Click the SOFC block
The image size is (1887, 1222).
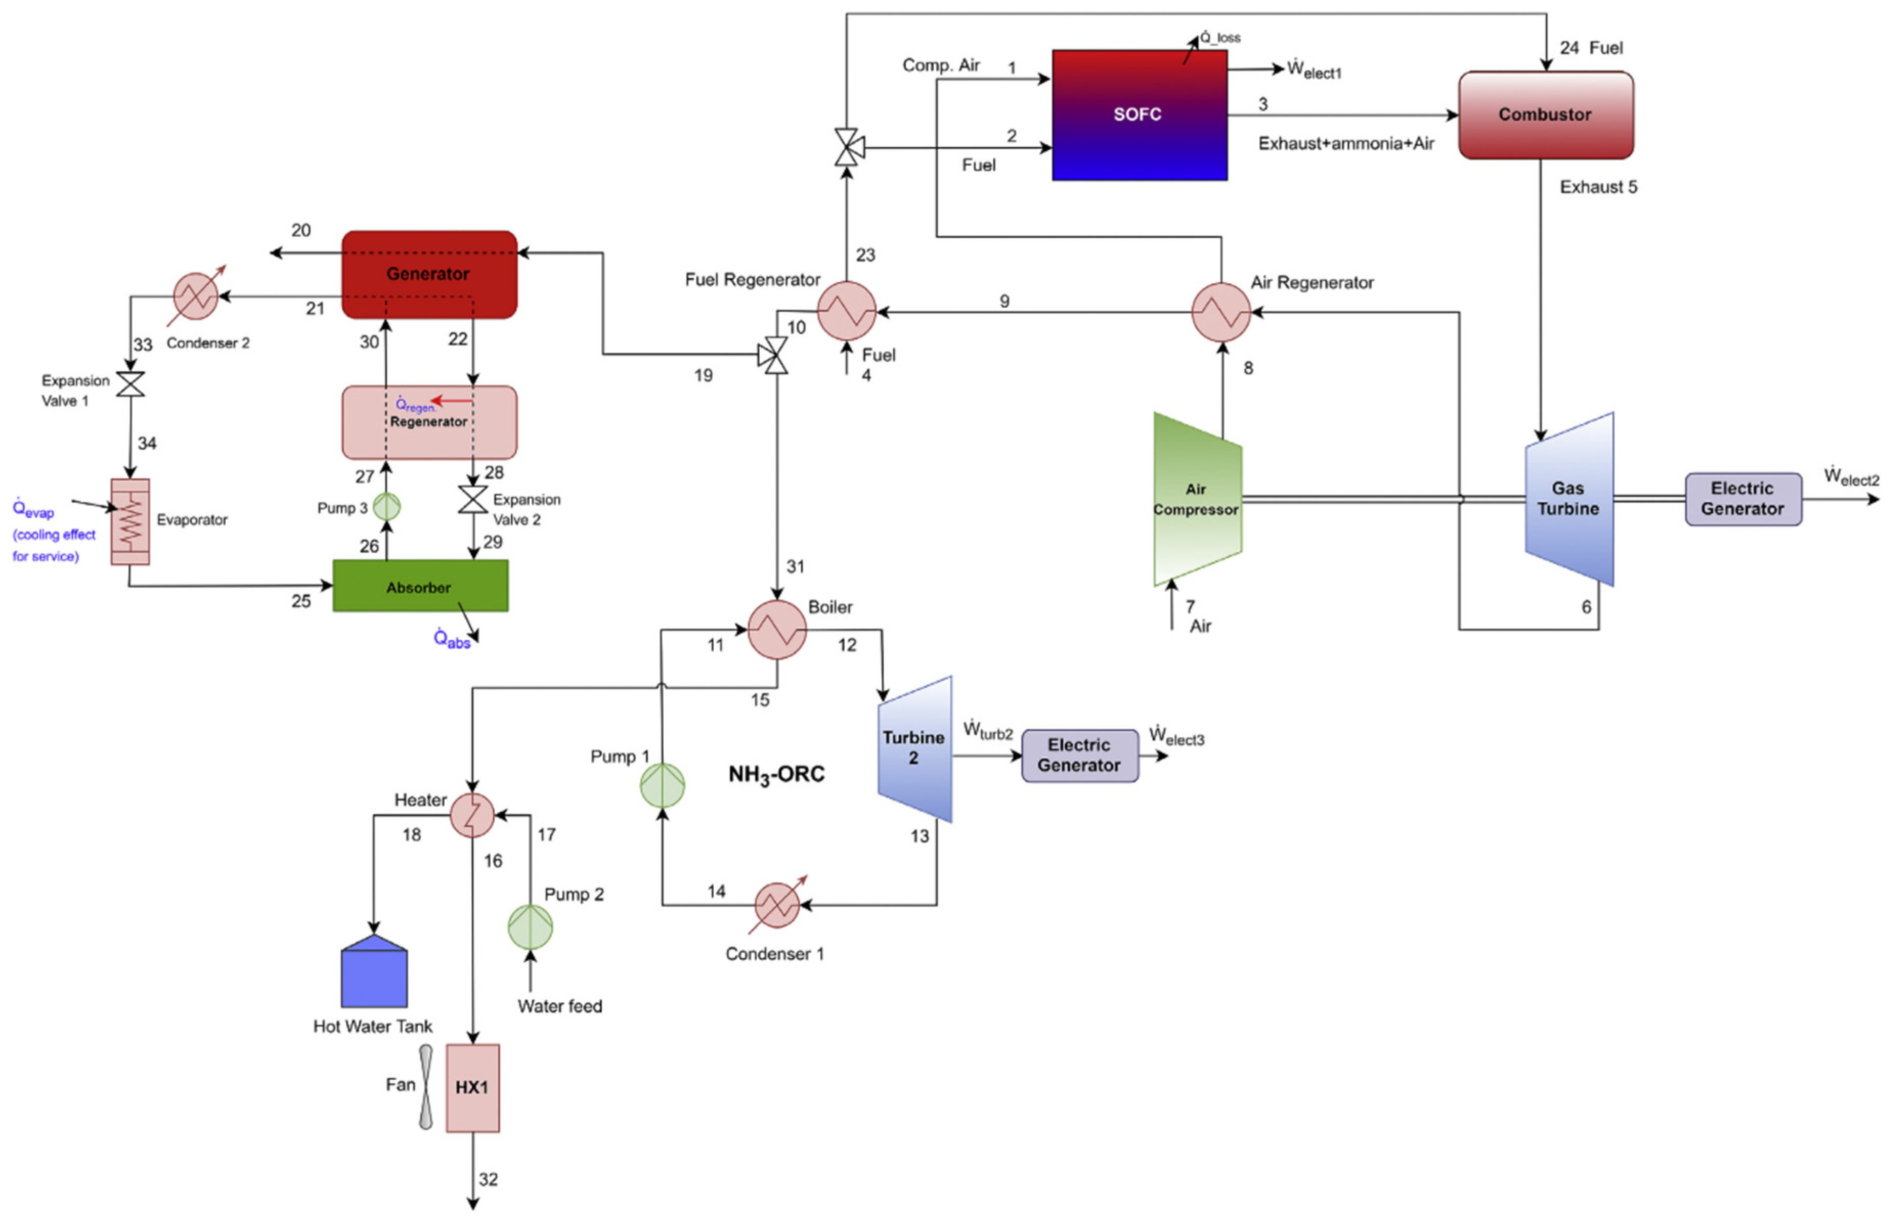click(1139, 115)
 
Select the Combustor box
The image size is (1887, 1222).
click(1545, 115)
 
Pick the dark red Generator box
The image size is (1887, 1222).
click(429, 274)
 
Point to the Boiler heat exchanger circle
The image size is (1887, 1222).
click(777, 630)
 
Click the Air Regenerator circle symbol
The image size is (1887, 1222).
click(1221, 312)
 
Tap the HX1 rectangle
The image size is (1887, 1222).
click(473, 1088)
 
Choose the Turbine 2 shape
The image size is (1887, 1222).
click(915, 749)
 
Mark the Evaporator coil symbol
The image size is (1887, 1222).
click(130, 522)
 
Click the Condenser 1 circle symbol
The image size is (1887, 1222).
click(777, 905)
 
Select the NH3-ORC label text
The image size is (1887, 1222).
click(776, 774)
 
